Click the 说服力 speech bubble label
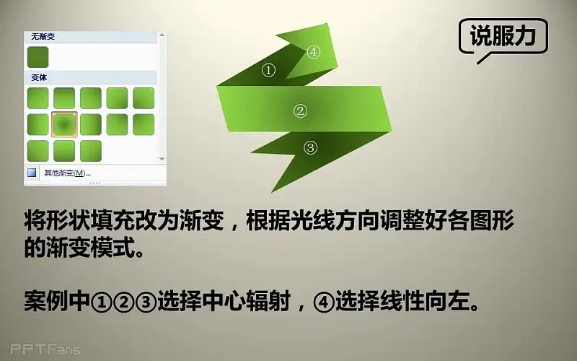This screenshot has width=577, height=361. point(503,36)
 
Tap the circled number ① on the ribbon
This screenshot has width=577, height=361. point(268,70)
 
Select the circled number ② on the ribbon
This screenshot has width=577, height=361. point(300,111)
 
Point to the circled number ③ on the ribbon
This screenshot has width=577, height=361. point(310,148)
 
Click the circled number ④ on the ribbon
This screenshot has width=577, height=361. point(313,52)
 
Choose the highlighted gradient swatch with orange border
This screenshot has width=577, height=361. point(64,124)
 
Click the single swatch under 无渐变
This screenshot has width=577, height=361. point(38,57)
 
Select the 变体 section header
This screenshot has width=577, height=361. point(39,78)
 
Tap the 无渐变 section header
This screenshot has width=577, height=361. point(43,37)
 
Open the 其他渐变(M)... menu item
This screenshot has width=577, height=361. point(67,173)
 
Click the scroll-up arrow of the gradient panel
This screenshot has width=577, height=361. point(162,35)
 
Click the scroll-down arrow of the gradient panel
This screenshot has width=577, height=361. point(162,159)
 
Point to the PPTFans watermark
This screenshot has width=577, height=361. point(45,349)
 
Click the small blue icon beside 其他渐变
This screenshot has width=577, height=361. point(32,173)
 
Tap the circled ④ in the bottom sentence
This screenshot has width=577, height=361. point(324,302)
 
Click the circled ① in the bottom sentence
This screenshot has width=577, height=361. point(101,302)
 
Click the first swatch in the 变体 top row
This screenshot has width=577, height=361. point(38,98)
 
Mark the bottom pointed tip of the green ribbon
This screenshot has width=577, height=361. point(272,192)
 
